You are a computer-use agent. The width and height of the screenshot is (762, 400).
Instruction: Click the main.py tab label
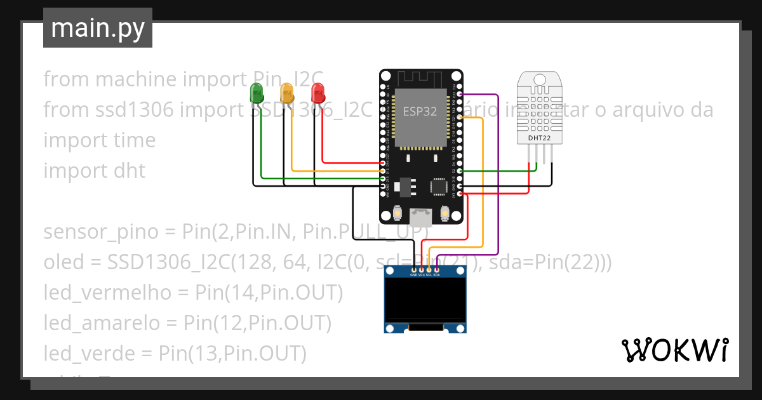pyautogui.click(x=97, y=28)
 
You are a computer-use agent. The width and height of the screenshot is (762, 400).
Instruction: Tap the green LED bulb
pyautogui.click(x=257, y=92)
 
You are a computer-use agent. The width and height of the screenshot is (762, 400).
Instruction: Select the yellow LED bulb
pyautogui.click(x=287, y=93)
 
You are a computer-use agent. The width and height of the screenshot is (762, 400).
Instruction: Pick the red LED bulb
pyautogui.click(x=317, y=93)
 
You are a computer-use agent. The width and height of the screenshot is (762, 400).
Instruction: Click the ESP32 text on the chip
pyautogui.click(x=420, y=111)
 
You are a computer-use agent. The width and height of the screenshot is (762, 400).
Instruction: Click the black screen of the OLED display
pyautogui.click(x=425, y=300)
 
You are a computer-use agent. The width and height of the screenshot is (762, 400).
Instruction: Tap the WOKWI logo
pyautogui.click(x=674, y=350)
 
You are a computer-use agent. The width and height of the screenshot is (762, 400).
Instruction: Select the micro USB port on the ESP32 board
pyautogui.click(x=421, y=217)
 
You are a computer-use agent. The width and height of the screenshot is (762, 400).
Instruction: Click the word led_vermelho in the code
pyautogui.click(x=108, y=293)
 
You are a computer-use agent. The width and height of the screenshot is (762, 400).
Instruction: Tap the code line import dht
pyautogui.click(x=94, y=171)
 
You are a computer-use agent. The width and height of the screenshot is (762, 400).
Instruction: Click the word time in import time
pyautogui.click(x=133, y=140)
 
